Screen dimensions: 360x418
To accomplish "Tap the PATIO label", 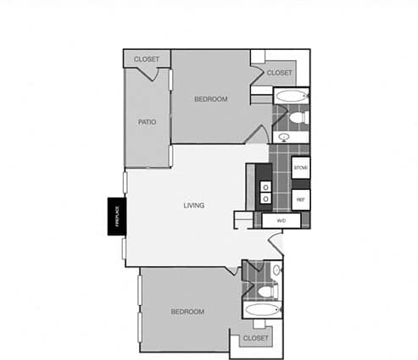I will tap(147, 121).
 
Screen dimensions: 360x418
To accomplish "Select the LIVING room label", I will tap(195, 206).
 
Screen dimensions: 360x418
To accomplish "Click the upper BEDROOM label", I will tap(210, 99).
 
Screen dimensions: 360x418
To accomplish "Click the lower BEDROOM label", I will tap(187, 312).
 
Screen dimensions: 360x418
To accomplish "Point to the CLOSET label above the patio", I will tap(147, 59).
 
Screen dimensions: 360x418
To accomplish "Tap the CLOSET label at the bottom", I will tap(255, 338).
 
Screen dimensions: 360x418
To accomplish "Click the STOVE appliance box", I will tap(300, 169).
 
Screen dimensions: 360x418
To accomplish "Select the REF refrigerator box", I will tap(299, 199).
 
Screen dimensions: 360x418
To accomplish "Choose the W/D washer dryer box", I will tap(281, 220).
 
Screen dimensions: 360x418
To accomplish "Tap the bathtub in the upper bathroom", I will tap(291, 96).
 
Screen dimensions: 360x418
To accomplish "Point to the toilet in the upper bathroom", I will tap(303, 116).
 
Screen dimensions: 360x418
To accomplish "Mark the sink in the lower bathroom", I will tap(276, 270).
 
